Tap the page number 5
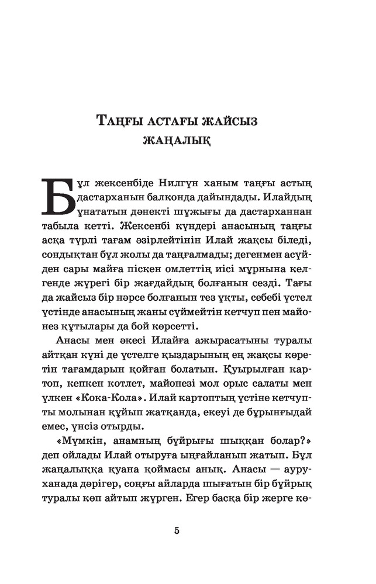[x=176, y=530]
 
